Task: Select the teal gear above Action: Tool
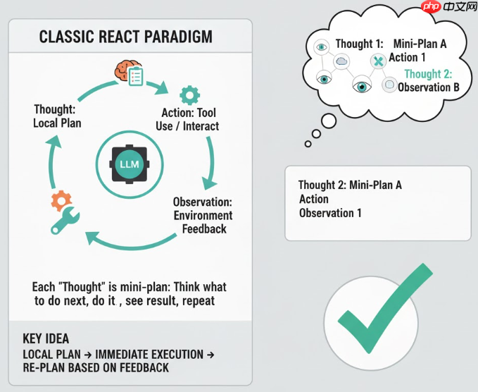[189, 94]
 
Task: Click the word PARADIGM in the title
[179, 37]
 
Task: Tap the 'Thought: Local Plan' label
[57, 116]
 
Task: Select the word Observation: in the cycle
[203, 202]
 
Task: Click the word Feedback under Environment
[204, 229]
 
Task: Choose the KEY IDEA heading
[46, 338]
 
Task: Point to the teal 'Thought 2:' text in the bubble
[428, 74]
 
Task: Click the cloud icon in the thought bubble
[343, 62]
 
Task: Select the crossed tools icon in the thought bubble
[377, 62]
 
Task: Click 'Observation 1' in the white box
[330, 213]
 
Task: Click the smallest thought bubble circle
[308, 145]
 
